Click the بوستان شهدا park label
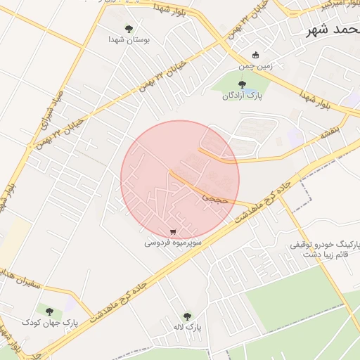point(128,41)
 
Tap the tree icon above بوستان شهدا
point(129,29)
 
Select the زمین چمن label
point(255,65)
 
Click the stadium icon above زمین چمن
point(255,54)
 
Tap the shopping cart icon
point(174,231)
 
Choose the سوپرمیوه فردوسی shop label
point(174,243)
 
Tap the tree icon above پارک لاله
point(186,316)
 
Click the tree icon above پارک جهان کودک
point(49,310)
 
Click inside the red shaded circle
point(180,180)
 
